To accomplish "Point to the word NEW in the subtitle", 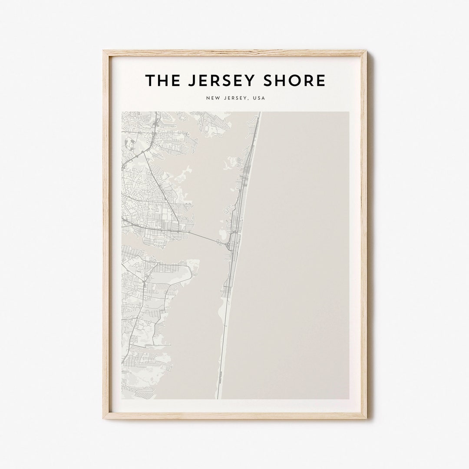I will [x=212, y=98].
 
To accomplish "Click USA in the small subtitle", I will [x=259, y=98].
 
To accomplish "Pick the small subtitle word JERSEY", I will [x=234, y=98].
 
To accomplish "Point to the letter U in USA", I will [x=254, y=98].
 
